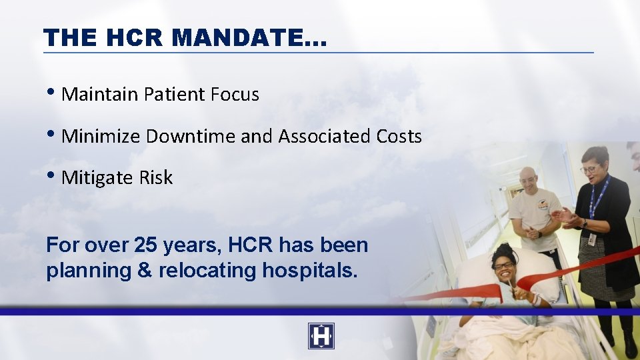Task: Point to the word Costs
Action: pyautogui.click(x=397, y=137)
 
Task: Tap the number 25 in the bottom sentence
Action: pyautogui.click(x=145, y=245)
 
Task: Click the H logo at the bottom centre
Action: pyautogui.click(x=321, y=336)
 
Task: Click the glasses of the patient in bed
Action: pyautogui.click(x=504, y=265)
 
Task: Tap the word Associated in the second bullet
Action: pyautogui.click(x=316, y=137)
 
